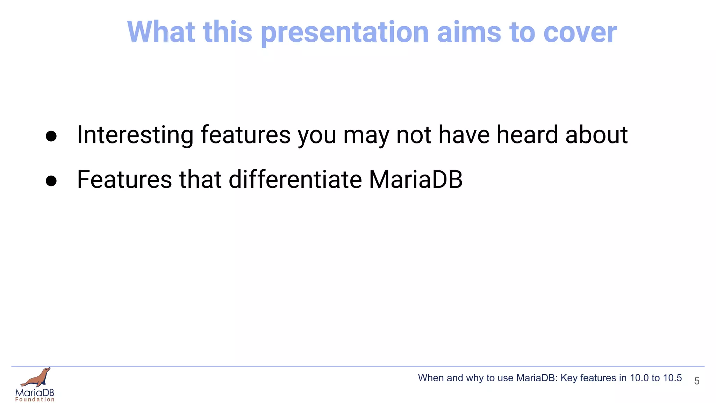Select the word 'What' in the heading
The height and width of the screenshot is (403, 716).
[161, 32]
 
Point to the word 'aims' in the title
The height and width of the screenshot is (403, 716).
[469, 32]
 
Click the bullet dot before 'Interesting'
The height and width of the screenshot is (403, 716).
[51, 136]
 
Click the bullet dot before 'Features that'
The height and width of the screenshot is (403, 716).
[51, 181]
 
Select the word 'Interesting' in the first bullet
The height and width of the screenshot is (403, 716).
[135, 135]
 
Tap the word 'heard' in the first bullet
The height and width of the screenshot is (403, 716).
[527, 135]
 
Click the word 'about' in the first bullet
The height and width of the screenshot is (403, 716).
[596, 135]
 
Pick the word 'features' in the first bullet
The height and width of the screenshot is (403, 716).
[245, 135]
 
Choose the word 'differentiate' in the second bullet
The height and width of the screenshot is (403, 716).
[295, 179]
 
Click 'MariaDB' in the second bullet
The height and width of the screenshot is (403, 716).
[416, 179]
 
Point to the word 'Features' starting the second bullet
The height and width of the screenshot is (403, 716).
[124, 179]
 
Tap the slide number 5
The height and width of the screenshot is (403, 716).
[696, 381]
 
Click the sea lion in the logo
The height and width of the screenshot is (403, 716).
[37, 378]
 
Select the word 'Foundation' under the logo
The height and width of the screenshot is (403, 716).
[35, 400]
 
